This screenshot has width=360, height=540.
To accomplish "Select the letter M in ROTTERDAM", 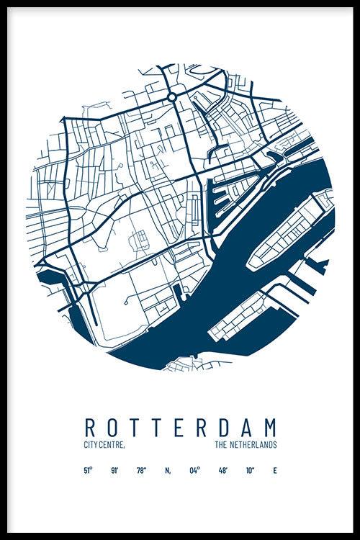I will [270, 426].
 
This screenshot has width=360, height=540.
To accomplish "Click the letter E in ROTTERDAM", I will [174, 426].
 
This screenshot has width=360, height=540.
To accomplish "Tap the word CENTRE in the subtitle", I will [113, 446].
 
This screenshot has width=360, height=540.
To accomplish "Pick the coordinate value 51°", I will [88, 472].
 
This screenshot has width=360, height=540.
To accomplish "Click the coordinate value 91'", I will [114, 472].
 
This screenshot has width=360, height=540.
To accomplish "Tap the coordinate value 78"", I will [141, 472].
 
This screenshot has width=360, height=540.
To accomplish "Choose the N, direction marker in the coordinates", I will [167, 472].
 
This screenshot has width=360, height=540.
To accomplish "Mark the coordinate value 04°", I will [194, 472].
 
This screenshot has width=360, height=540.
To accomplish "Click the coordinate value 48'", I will [222, 472].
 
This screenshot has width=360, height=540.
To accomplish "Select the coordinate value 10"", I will [249, 472].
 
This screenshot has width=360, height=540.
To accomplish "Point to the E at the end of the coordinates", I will [274, 472].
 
